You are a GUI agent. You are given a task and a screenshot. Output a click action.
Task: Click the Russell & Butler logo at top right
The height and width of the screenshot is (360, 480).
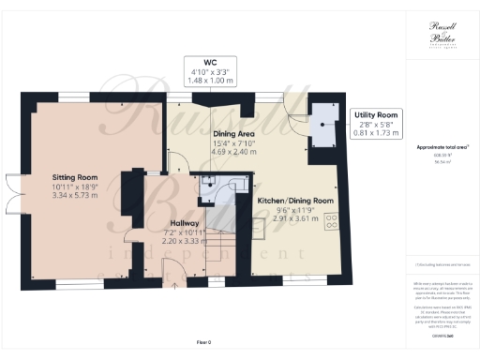click(442, 34)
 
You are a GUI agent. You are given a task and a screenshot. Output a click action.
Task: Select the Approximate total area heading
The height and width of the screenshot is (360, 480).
click(442, 149)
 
